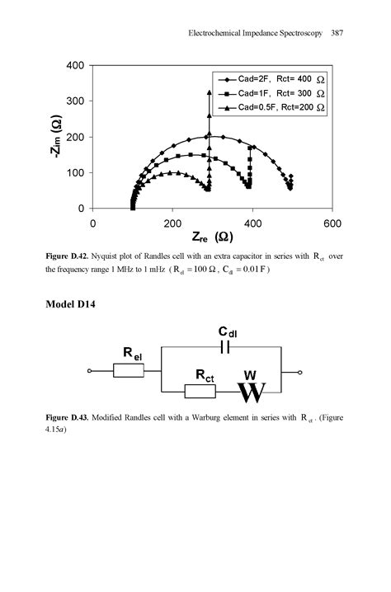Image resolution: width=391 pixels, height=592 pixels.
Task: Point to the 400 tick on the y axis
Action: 74,65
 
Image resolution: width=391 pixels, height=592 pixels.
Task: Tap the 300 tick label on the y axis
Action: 74,101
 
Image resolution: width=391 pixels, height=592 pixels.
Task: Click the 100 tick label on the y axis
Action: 74,172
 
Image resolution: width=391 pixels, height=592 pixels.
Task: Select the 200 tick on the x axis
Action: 172,223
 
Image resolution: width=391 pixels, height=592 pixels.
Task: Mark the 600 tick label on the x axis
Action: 332,223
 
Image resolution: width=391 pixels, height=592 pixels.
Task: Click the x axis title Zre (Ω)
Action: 211,237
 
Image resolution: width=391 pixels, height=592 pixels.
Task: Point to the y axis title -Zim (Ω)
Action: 56,137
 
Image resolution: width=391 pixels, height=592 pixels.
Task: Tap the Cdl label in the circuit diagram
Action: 228,331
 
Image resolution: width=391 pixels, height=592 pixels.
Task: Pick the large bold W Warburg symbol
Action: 251,392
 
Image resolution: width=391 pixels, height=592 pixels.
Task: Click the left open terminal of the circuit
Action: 89,372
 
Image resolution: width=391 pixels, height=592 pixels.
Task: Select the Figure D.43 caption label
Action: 67,418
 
